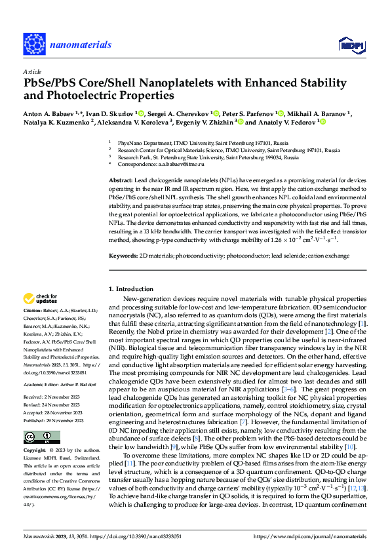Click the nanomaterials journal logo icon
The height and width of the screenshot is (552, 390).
[34, 44]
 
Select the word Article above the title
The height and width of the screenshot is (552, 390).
[31, 71]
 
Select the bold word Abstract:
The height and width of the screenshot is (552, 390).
[120, 180]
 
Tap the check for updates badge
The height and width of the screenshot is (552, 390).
[41, 298]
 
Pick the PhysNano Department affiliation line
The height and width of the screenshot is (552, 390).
[190, 142]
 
